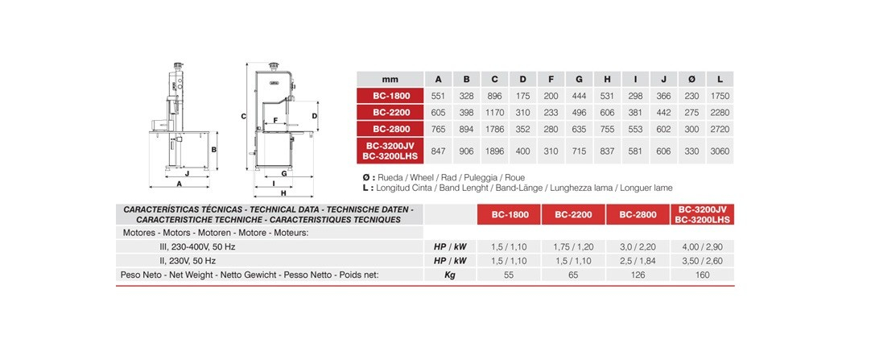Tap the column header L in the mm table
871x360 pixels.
[x=719, y=79]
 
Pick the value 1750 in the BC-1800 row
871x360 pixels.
[x=719, y=96]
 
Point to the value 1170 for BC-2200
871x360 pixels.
[x=494, y=112]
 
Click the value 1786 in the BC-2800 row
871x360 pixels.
[x=494, y=128]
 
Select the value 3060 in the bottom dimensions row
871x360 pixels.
[x=719, y=150]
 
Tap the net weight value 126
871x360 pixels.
[x=638, y=275]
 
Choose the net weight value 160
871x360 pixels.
[x=703, y=275]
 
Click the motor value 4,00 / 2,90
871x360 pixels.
[x=703, y=246]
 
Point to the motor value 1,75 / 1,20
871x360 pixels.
[x=573, y=246]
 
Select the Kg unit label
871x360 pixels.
[x=450, y=275]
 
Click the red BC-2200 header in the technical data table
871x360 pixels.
[x=574, y=215]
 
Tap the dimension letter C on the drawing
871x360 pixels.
[x=243, y=117]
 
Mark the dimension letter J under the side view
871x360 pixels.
[x=187, y=173]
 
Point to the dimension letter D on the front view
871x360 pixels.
[x=315, y=116]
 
